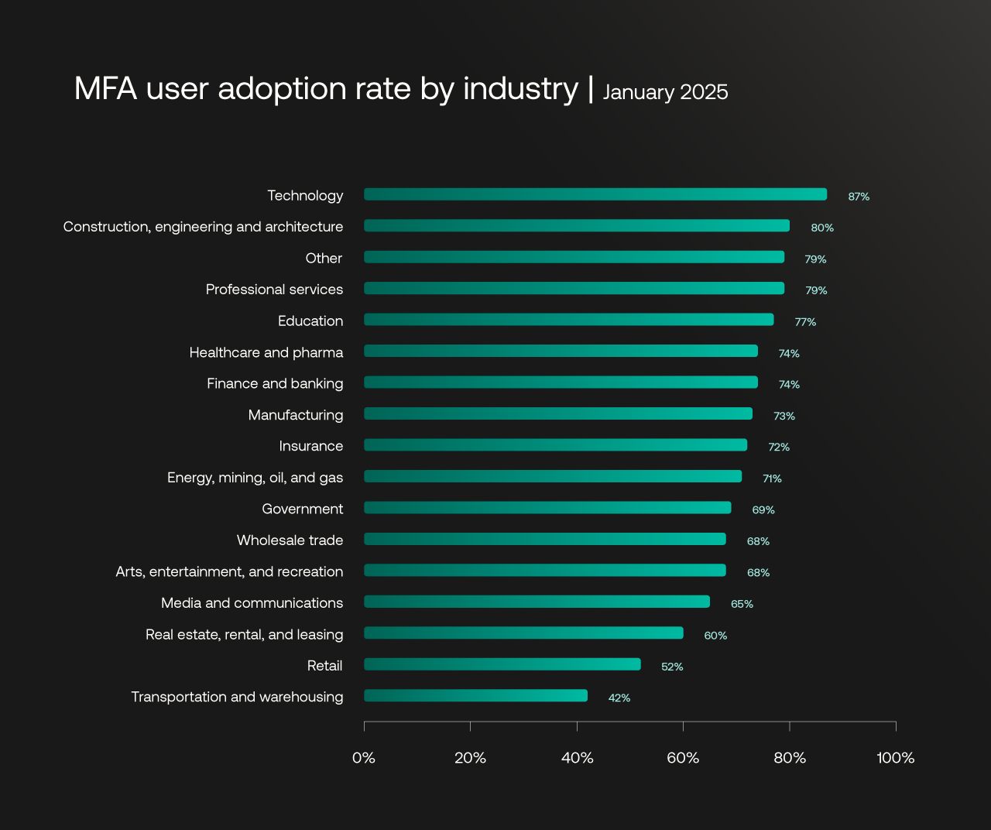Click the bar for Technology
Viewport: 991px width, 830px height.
pyautogui.click(x=595, y=194)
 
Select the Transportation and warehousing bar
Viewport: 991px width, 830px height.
pyautogui.click(x=475, y=695)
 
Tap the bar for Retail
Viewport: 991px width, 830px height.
pyautogui.click(x=502, y=664)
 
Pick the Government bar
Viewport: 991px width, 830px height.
pyautogui.click(x=547, y=508)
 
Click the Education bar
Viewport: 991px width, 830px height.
pyautogui.click(x=568, y=320)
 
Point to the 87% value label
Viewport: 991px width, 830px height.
pyautogui.click(x=859, y=197)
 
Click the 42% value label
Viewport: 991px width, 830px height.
pyautogui.click(x=619, y=698)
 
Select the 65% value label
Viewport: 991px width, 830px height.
pyautogui.click(x=742, y=604)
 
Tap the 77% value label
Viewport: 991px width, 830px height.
pyautogui.click(x=805, y=322)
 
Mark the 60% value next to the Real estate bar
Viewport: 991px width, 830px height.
pyautogui.click(x=715, y=636)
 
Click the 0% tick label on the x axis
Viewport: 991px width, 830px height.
pyautogui.click(x=364, y=758)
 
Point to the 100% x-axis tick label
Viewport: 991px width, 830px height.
pyautogui.click(x=896, y=758)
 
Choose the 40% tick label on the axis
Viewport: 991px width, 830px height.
pyautogui.click(x=577, y=758)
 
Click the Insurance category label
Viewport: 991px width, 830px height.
pyautogui.click(x=311, y=446)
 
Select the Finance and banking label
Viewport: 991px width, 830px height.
pyautogui.click(x=275, y=383)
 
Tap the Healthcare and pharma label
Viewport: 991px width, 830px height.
pyautogui.click(x=266, y=352)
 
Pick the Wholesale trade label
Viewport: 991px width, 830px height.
pyautogui.click(x=290, y=540)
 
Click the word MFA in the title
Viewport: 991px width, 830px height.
pyautogui.click(x=105, y=88)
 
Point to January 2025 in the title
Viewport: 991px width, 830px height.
pyautogui.click(x=665, y=92)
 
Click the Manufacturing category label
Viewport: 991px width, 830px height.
pyautogui.click(x=296, y=415)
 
